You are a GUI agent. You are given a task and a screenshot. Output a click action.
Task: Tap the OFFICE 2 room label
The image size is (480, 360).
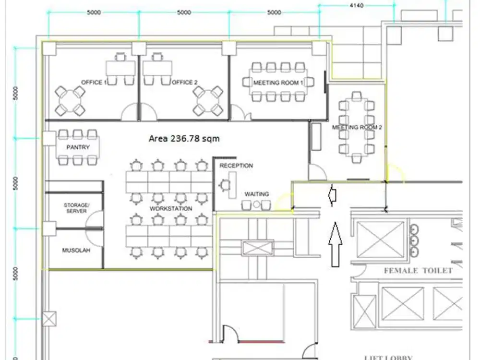point(185,83)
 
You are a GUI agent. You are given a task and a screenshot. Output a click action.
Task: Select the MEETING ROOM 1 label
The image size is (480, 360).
point(278,83)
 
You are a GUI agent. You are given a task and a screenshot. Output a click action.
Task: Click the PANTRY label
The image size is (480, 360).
point(78,147)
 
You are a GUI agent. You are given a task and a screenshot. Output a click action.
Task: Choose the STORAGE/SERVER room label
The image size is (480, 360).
point(76,208)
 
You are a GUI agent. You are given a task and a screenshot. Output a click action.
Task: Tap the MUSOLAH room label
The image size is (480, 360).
point(76,251)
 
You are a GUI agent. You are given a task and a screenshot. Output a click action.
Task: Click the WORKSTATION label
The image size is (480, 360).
point(171,209)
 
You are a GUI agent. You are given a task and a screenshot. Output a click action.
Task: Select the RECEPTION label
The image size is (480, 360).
point(236,166)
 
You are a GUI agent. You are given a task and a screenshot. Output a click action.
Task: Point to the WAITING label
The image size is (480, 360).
point(256,194)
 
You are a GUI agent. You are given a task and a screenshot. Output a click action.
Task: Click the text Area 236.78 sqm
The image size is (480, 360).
point(184,138)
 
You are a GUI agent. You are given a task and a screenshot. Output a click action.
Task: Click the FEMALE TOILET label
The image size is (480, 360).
point(418,271)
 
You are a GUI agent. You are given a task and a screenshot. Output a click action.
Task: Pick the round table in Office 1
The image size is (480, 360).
point(70,101)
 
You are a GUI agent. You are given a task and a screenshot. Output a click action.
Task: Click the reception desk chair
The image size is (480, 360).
point(224,184)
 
